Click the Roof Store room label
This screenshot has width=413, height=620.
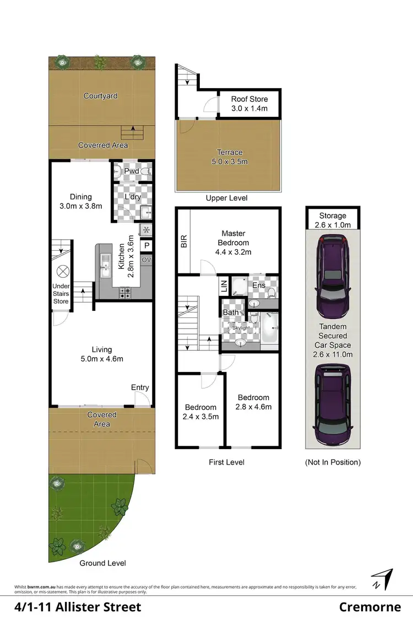(249, 104)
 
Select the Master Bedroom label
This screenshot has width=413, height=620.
(236, 242)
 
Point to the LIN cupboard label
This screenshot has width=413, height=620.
(223, 285)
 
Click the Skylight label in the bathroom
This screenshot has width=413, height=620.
(241, 328)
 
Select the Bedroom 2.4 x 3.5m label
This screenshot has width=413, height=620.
(201, 412)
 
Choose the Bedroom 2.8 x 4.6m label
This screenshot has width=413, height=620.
(253, 402)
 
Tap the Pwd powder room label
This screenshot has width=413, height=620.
(131, 171)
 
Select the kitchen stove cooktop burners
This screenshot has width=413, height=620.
(124, 293)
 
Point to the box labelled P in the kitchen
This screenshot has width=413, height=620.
(147, 246)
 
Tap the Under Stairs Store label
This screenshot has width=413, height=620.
(61, 294)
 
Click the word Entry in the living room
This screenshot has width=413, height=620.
(140, 387)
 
